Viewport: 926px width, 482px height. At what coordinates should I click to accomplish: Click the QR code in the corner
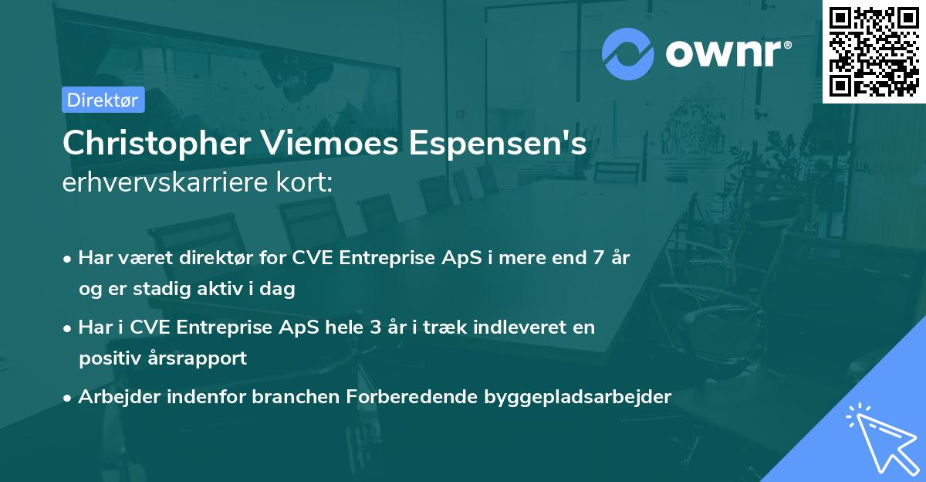pyautogui.click(x=874, y=51)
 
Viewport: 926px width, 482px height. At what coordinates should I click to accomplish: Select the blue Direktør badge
pyautogui.click(x=103, y=100)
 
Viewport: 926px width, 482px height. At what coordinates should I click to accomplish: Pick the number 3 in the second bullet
pyautogui.click(x=376, y=328)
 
